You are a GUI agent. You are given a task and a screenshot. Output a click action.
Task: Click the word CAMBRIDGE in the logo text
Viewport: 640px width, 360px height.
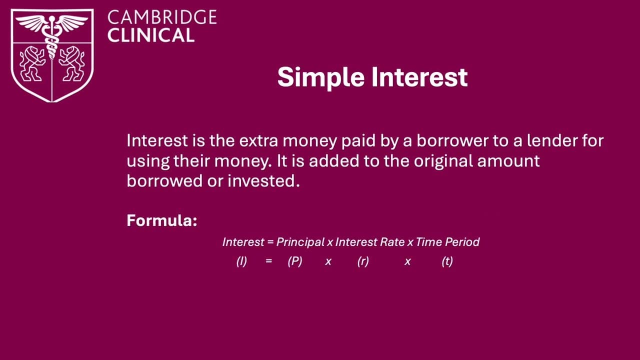coord(162,17)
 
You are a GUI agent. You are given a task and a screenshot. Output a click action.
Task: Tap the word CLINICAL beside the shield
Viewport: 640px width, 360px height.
coord(150,35)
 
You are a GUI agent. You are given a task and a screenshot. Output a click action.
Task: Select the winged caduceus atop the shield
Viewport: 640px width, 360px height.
coord(52,25)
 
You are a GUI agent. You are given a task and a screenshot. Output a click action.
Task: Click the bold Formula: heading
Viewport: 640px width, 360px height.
coord(162,220)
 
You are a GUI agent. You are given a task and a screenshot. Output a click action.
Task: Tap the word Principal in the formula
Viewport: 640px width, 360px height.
coord(300,242)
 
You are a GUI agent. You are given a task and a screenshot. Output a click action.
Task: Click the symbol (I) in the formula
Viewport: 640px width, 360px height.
coord(241,261)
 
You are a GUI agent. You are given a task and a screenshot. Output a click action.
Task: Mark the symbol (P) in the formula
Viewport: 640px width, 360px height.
coord(295,261)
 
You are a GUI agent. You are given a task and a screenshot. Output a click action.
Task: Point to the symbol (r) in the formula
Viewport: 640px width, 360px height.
coord(363,261)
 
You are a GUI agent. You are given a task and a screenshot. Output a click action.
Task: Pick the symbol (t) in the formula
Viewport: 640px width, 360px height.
coord(447,261)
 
